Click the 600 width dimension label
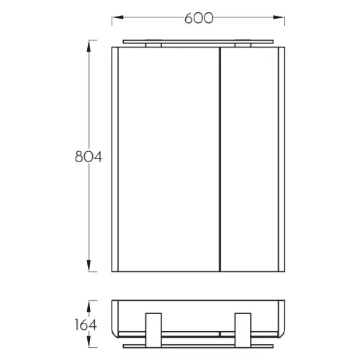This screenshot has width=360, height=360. [x=199, y=18]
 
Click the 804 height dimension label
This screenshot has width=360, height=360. [x=89, y=157]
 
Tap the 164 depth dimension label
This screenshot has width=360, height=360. [x=86, y=325]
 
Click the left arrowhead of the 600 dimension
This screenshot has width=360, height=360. [x=117, y=17]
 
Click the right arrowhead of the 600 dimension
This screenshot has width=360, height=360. [x=279, y=17]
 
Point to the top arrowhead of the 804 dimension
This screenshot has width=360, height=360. [x=89, y=46]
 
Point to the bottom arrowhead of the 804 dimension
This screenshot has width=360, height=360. [x=89, y=266]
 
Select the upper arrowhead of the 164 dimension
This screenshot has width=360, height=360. [x=89, y=306]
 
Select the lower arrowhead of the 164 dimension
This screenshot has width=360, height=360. [x=89, y=341]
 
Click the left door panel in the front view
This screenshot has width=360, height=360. [x=168, y=159]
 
